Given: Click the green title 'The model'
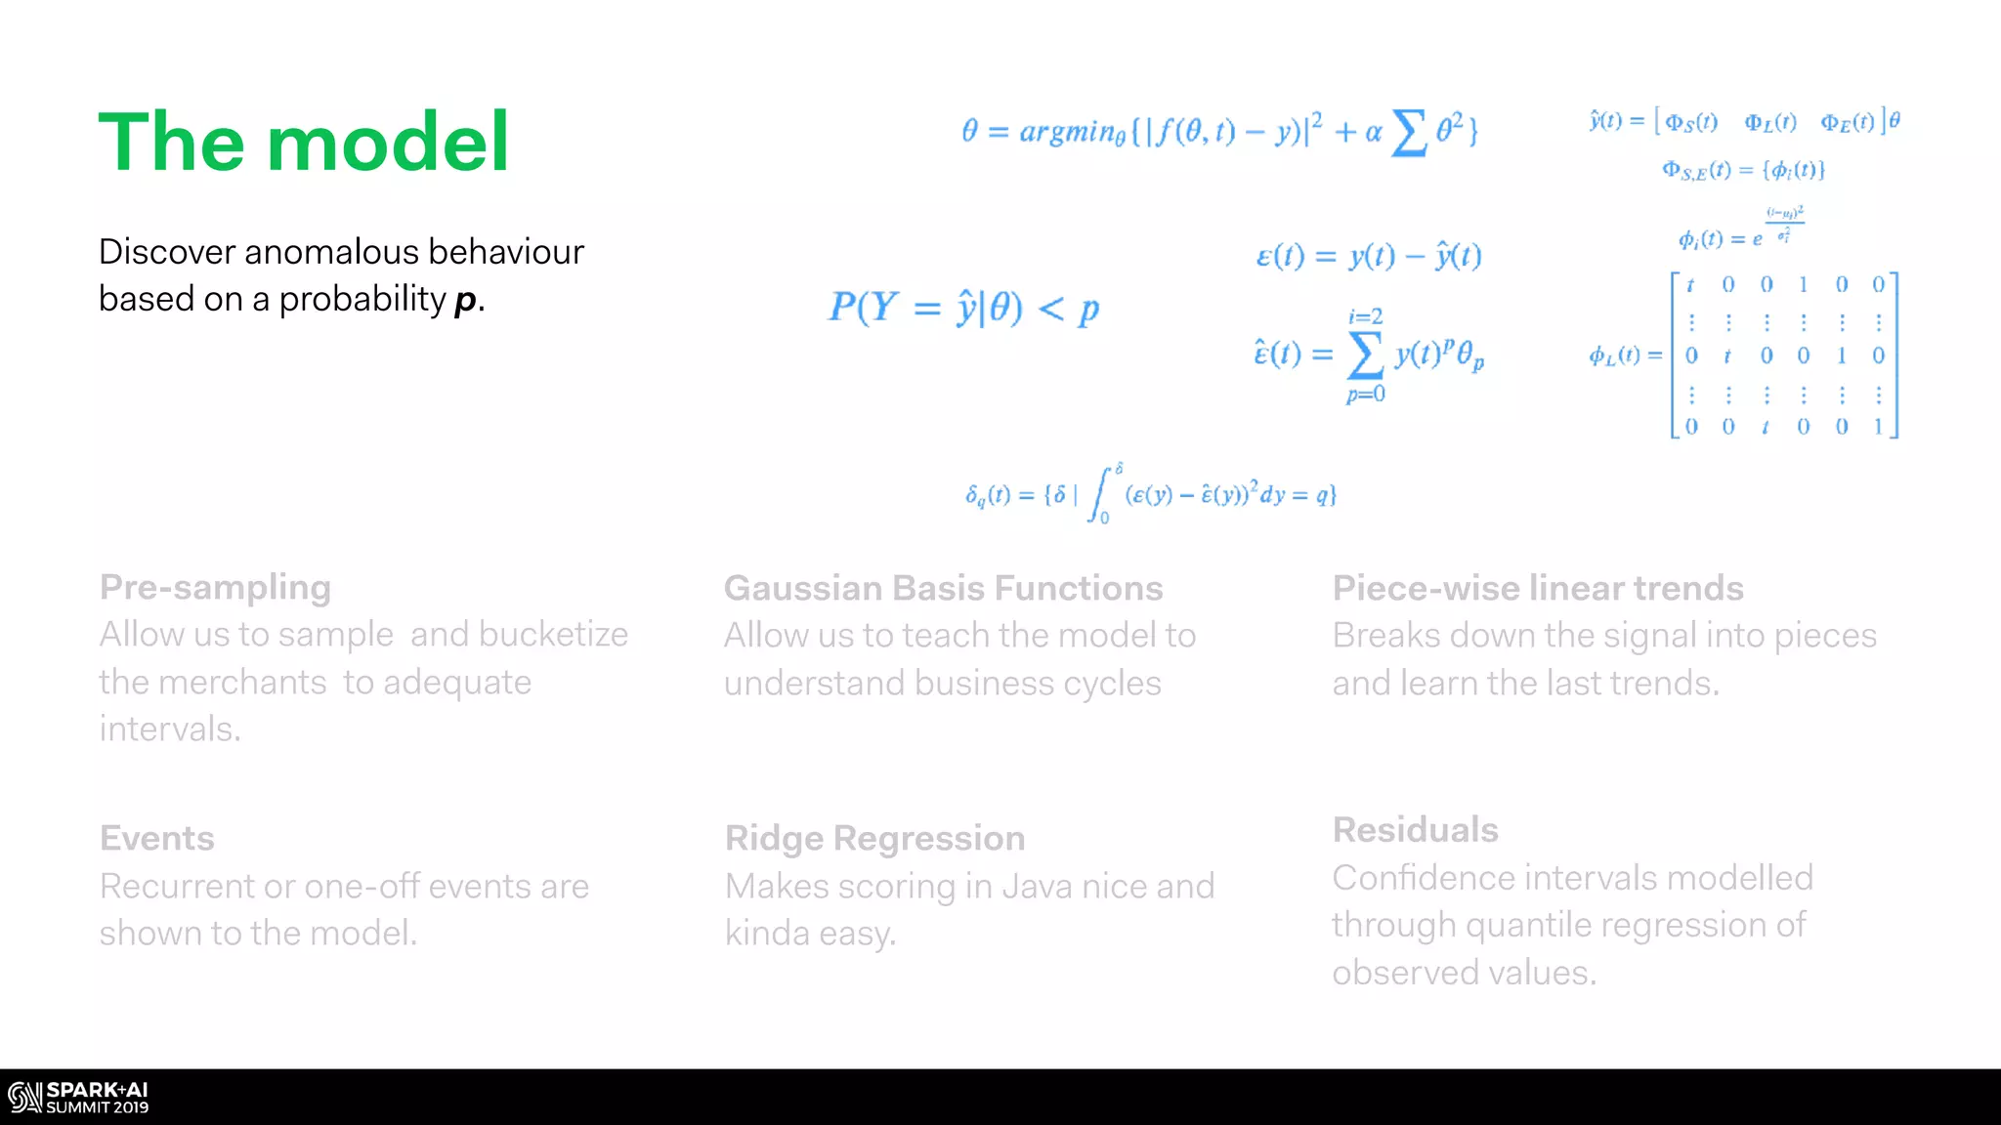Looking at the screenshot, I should click(304, 143).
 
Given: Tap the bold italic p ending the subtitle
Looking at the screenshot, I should click(466, 301).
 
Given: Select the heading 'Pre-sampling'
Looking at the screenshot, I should click(215, 587).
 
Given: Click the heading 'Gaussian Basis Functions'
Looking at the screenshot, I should click(943, 588).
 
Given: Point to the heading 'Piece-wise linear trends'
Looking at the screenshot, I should click(1538, 588).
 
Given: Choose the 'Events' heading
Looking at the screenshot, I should click(157, 838).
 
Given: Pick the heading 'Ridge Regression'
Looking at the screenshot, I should click(874, 838).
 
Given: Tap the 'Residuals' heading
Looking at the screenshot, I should click(1415, 830).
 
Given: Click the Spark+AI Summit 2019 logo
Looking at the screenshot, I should click(78, 1098).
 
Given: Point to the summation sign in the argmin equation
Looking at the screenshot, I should click(1408, 133).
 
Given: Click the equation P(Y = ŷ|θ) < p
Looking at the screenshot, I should click(963, 309).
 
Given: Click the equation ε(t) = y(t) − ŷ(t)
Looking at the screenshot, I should click(1368, 256).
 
